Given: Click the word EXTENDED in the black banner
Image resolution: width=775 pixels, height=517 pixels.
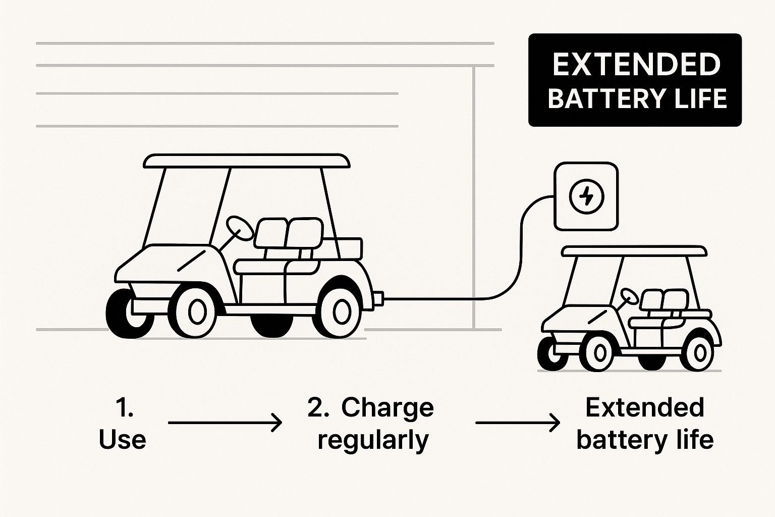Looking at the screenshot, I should (636, 65).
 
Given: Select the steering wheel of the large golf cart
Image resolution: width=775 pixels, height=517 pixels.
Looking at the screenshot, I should (240, 228).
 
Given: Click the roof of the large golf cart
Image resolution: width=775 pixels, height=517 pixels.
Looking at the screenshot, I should (246, 161).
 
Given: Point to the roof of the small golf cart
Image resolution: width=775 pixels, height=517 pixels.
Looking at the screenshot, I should (634, 251).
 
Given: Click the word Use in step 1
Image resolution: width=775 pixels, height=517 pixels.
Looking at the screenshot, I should (123, 439).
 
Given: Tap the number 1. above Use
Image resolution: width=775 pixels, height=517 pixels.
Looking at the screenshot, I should (124, 408).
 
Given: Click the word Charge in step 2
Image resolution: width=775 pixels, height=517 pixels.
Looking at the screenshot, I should (387, 408).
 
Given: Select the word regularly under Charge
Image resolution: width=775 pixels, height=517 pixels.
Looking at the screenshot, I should (373, 440).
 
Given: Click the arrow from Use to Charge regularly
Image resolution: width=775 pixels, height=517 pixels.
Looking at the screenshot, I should (225, 422).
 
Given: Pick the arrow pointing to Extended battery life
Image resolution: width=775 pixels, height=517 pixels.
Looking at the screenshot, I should (518, 422).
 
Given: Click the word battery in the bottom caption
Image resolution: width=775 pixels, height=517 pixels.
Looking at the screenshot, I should (614, 439).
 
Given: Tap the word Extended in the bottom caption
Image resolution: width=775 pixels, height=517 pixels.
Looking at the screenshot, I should (644, 408).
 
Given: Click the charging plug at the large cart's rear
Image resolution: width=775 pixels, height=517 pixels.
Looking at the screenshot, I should (378, 297).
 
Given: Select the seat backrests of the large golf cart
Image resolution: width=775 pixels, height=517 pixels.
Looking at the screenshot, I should (288, 233).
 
